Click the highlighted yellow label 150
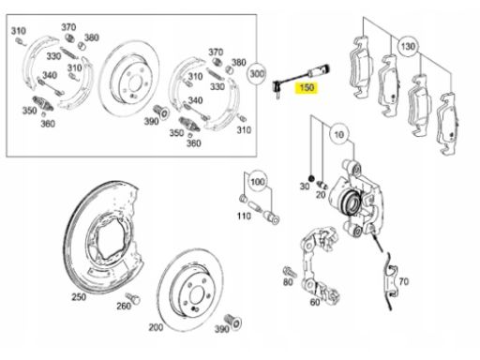pos(307,87)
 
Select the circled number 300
pos(257,74)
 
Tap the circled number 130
pos(408,47)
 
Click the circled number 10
pos(339,134)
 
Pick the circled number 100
pos(258,182)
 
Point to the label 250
pos(79,297)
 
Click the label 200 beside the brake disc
pos(156,327)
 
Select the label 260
pos(124,306)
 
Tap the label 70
pos(403,281)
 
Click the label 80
pos(288,282)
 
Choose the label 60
pos(315,302)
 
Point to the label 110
pos(244,216)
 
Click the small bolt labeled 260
pos(133,297)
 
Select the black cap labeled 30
pos(311,178)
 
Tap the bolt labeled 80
pos(290,271)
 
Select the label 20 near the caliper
pos(321,195)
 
